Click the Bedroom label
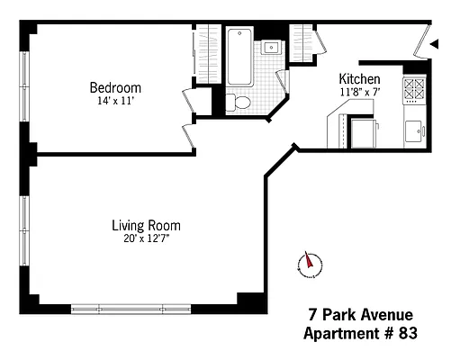click(114, 87)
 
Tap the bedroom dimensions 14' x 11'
click(114, 101)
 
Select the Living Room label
click(146, 225)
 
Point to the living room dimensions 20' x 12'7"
click(146, 239)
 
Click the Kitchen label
click(358, 78)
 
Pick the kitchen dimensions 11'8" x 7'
click(358, 91)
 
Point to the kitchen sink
click(415, 131)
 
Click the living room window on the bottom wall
click(154, 308)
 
